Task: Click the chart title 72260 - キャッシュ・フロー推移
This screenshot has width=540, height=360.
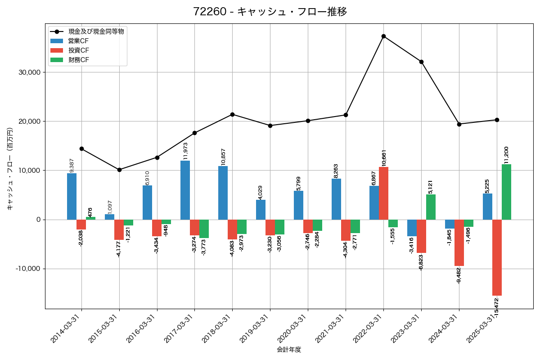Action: coord(270,12)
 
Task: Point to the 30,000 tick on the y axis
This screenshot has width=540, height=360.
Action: coord(28,72)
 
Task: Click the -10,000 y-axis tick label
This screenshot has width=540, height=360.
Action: coord(27,269)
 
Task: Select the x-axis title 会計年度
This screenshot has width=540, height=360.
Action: coord(289,350)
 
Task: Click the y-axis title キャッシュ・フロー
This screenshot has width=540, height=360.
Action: coord(10,169)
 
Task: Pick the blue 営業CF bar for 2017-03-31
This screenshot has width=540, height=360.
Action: coord(185,190)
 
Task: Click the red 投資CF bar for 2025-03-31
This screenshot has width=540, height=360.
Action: coord(497,257)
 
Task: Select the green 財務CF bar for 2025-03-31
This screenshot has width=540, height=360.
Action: coord(506,192)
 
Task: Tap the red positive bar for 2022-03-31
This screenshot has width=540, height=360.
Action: coord(383,193)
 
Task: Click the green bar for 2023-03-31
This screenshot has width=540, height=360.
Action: coord(431,207)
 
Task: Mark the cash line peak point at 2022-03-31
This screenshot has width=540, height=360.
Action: coord(383,36)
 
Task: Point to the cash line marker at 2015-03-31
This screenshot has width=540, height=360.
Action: coord(119,170)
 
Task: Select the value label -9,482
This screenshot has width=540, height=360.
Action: coord(459,275)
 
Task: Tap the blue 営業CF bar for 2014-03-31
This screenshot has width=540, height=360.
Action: coord(72,196)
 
